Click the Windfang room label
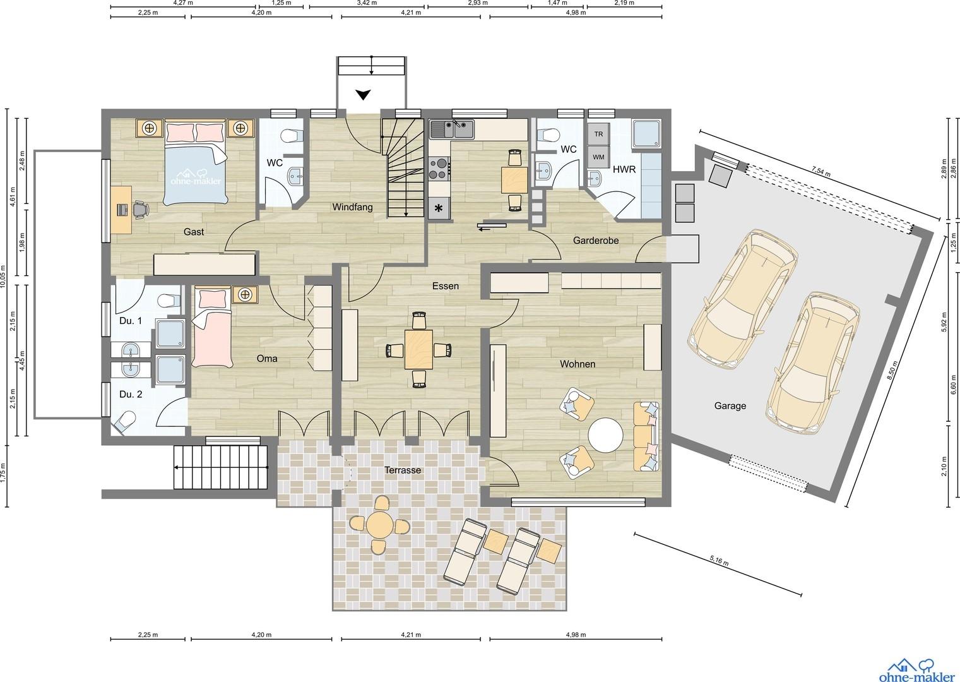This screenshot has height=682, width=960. click(x=352, y=207)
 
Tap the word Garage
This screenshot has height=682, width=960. click(x=730, y=405)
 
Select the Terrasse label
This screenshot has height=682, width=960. click(x=403, y=470)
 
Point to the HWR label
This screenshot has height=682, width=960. click(x=624, y=169)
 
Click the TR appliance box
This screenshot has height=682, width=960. click(x=599, y=134)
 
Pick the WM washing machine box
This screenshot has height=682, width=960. click(x=599, y=157)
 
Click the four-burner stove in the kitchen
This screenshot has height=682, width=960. click(x=439, y=169)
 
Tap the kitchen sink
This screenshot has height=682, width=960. click(x=453, y=129)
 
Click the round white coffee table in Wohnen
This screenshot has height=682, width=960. click(x=605, y=435)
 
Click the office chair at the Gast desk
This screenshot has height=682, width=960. click(x=139, y=210)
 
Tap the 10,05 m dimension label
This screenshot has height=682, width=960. click(x=3, y=275)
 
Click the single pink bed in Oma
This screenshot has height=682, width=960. click(x=211, y=327)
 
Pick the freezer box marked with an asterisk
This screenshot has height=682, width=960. click(x=439, y=209)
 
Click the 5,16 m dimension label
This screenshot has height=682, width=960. click(x=719, y=560)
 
